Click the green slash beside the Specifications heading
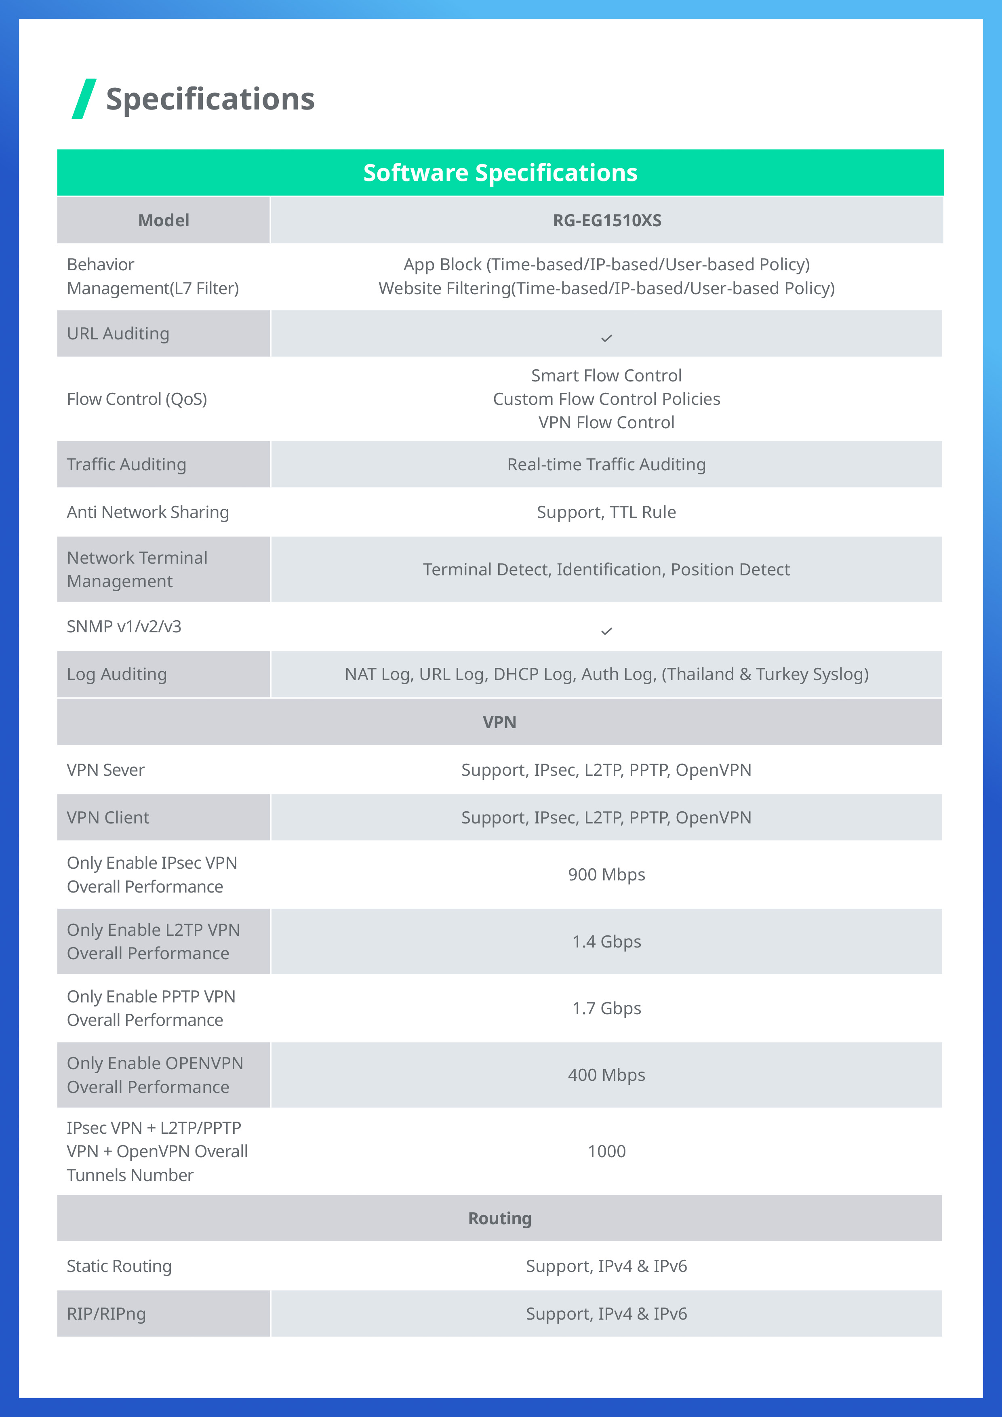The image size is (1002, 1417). [84, 99]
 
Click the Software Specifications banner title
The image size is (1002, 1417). [500, 173]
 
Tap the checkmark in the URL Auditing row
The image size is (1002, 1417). [606, 338]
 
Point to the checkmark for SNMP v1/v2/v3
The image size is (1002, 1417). [606, 631]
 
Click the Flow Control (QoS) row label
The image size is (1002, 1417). [137, 399]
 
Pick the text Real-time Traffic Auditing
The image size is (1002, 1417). [606, 464]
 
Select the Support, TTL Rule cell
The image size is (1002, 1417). [606, 512]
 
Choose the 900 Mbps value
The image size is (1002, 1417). [606, 874]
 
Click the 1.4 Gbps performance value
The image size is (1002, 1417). [606, 941]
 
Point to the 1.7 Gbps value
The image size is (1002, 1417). [606, 1008]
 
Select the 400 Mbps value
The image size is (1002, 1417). [606, 1074]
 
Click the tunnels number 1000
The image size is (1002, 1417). [606, 1151]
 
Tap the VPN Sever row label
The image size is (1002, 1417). [105, 770]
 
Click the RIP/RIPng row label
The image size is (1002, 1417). [106, 1313]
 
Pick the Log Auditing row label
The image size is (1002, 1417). [117, 674]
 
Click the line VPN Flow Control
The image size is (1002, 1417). [606, 422]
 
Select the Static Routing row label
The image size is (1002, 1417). [119, 1266]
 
